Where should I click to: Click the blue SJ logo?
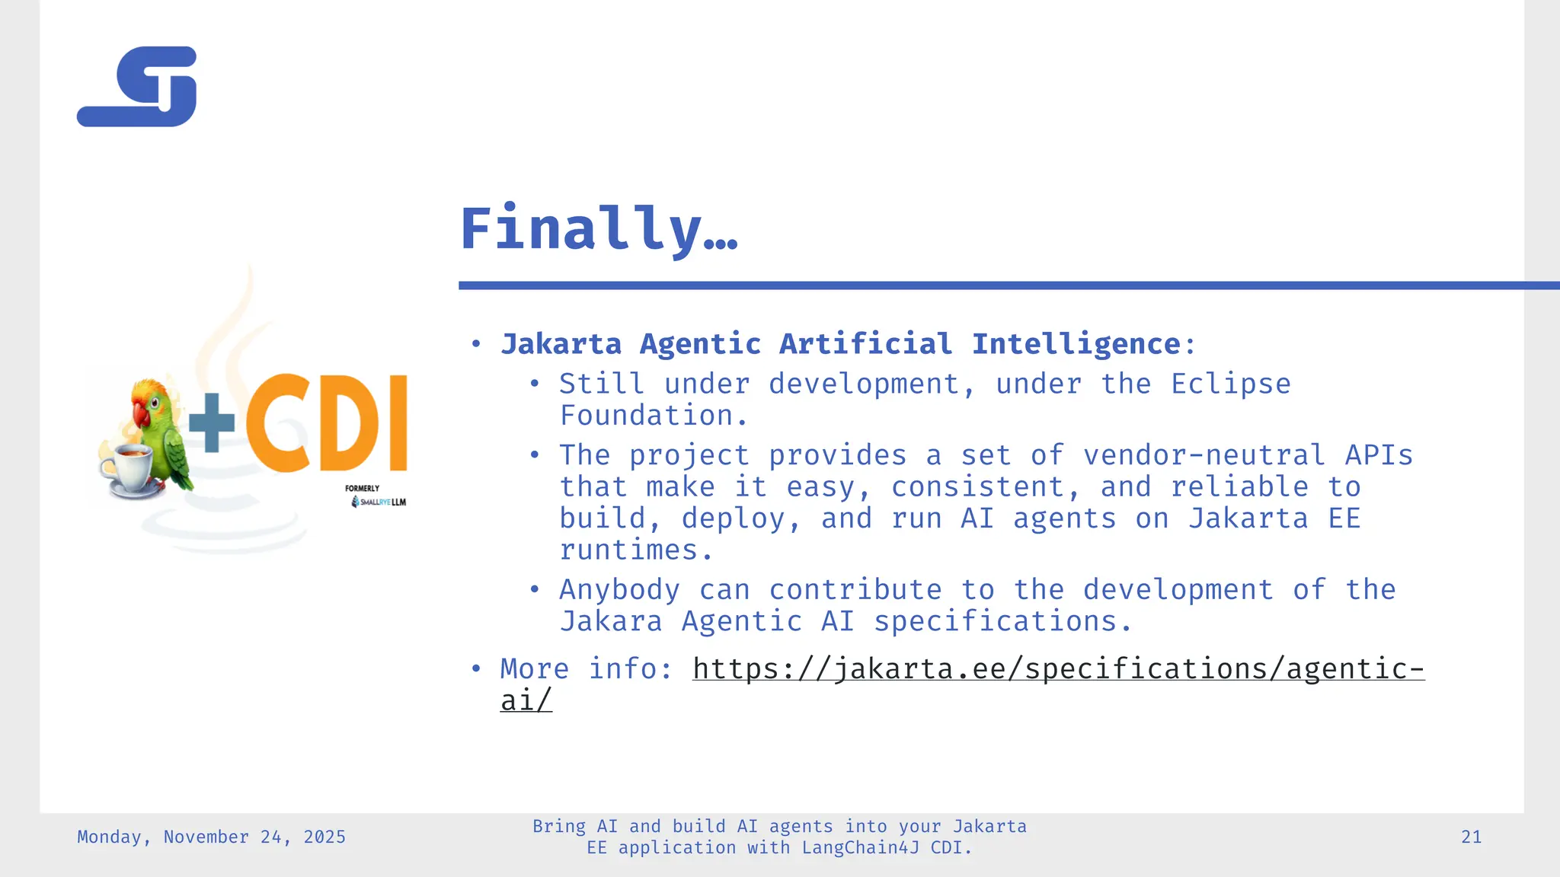pyautogui.click(x=137, y=87)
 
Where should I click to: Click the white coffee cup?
pyautogui.click(x=128, y=467)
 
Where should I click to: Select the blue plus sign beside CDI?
pyautogui.click(x=212, y=423)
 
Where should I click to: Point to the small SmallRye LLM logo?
pyautogui.click(x=379, y=502)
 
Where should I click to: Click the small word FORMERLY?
pyautogui.click(x=362, y=489)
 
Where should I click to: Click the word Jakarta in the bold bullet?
pyautogui.click(x=561, y=344)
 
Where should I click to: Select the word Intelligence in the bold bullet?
pyautogui.click(x=1076, y=344)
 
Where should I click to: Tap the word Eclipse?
pyautogui.click(x=1230, y=384)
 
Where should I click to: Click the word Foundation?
pyautogui.click(x=647, y=416)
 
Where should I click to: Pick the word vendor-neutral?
pyautogui.click(x=1204, y=455)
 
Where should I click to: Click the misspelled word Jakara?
pyautogui.click(x=611, y=621)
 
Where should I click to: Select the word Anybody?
pyautogui.click(x=619, y=590)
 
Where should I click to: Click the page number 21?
pyautogui.click(x=1471, y=837)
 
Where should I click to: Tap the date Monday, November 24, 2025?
pyautogui.click(x=211, y=837)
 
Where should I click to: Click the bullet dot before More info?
pyautogui.click(x=476, y=669)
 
